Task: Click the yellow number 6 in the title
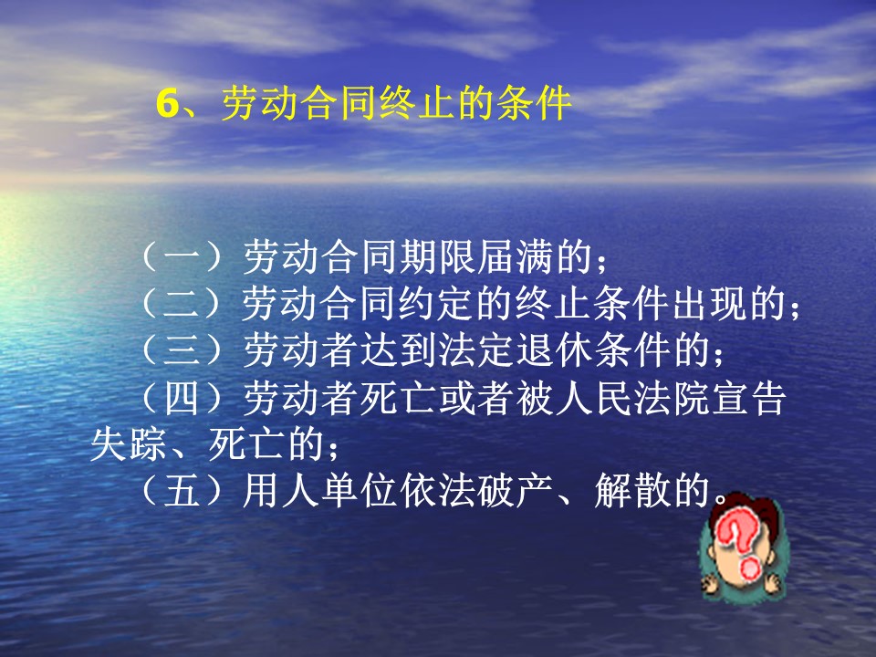[x=167, y=104]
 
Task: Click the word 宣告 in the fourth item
[x=749, y=399]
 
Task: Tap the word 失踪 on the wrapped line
[x=129, y=445]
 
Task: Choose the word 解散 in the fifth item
[x=632, y=492]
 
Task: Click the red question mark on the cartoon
[x=739, y=545]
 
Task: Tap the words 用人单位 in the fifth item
[x=321, y=492]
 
